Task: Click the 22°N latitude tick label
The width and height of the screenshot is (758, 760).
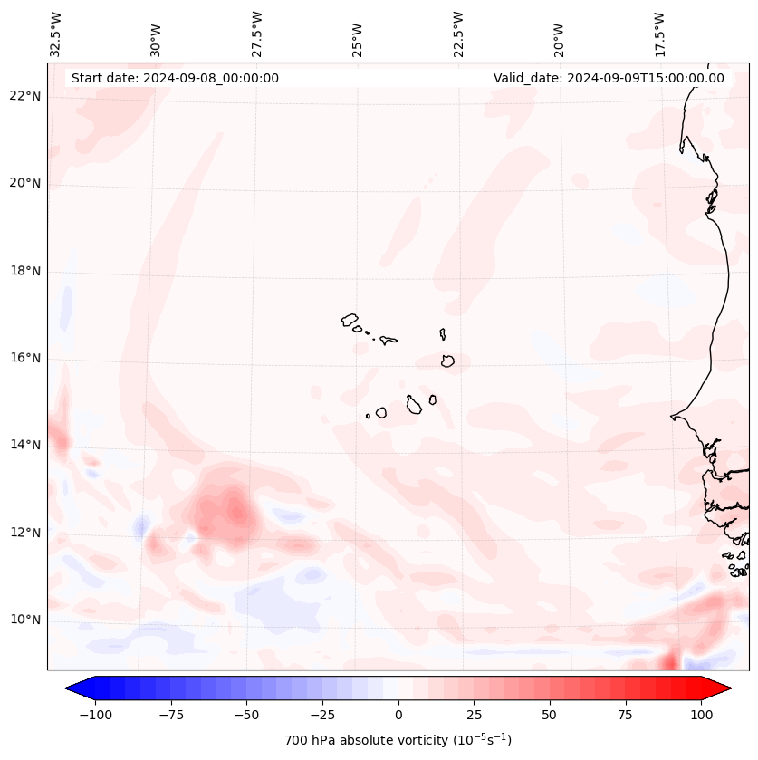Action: [25, 96]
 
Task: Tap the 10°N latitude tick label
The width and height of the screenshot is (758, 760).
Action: [25, 620]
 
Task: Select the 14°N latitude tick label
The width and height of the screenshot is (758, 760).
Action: [25, 445]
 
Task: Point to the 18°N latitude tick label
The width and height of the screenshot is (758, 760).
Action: [25, 271]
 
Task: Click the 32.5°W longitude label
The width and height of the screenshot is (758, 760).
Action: [56, 34]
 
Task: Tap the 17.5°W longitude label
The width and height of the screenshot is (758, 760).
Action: [659, 34]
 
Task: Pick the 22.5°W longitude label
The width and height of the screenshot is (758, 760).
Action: [458, 34]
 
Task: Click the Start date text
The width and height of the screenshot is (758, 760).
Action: [175, 78]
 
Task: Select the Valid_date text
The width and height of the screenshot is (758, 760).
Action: [609, 78]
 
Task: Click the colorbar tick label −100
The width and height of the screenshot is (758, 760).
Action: [95, 715]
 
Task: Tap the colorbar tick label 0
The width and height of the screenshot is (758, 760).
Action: [398, 715]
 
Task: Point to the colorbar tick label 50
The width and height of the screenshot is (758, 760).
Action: [550, 715]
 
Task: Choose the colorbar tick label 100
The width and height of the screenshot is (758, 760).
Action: [701, 715]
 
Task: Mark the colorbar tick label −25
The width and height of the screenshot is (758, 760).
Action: [322, 715]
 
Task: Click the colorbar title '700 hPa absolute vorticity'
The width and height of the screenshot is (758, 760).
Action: [398, 740]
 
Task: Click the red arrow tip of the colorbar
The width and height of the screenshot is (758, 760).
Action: [724, 688]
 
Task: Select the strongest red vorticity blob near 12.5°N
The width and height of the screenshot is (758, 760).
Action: [236, 510]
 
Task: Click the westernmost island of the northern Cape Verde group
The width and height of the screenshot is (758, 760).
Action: [350, 319]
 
